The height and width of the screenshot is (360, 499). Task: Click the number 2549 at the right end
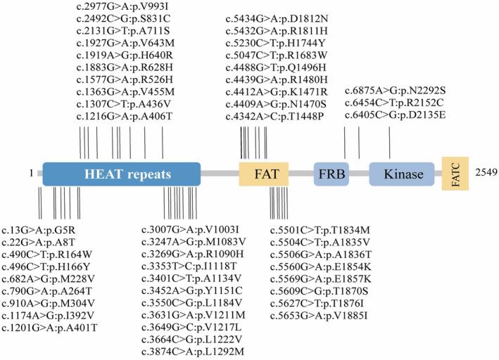[485, 172]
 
